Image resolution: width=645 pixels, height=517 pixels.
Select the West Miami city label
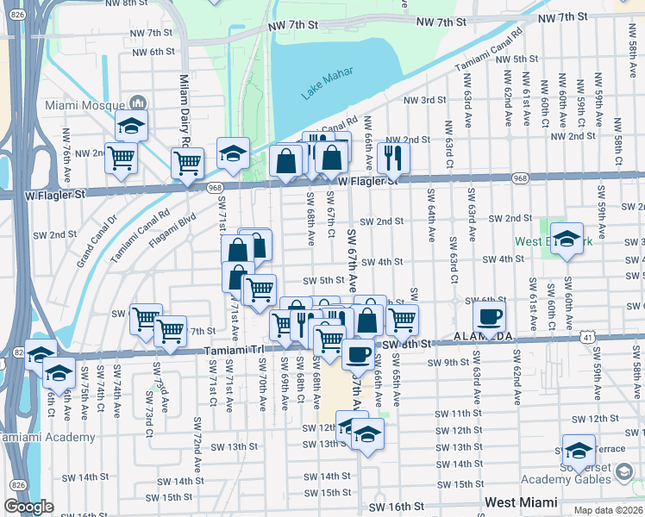point(520,501)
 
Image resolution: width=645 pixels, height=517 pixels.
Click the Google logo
point(28,507)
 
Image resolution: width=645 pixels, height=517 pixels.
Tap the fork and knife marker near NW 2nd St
point(392,156)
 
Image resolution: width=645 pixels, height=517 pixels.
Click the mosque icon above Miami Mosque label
point(136,104)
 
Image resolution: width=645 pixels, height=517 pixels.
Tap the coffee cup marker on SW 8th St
point(358,352)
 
